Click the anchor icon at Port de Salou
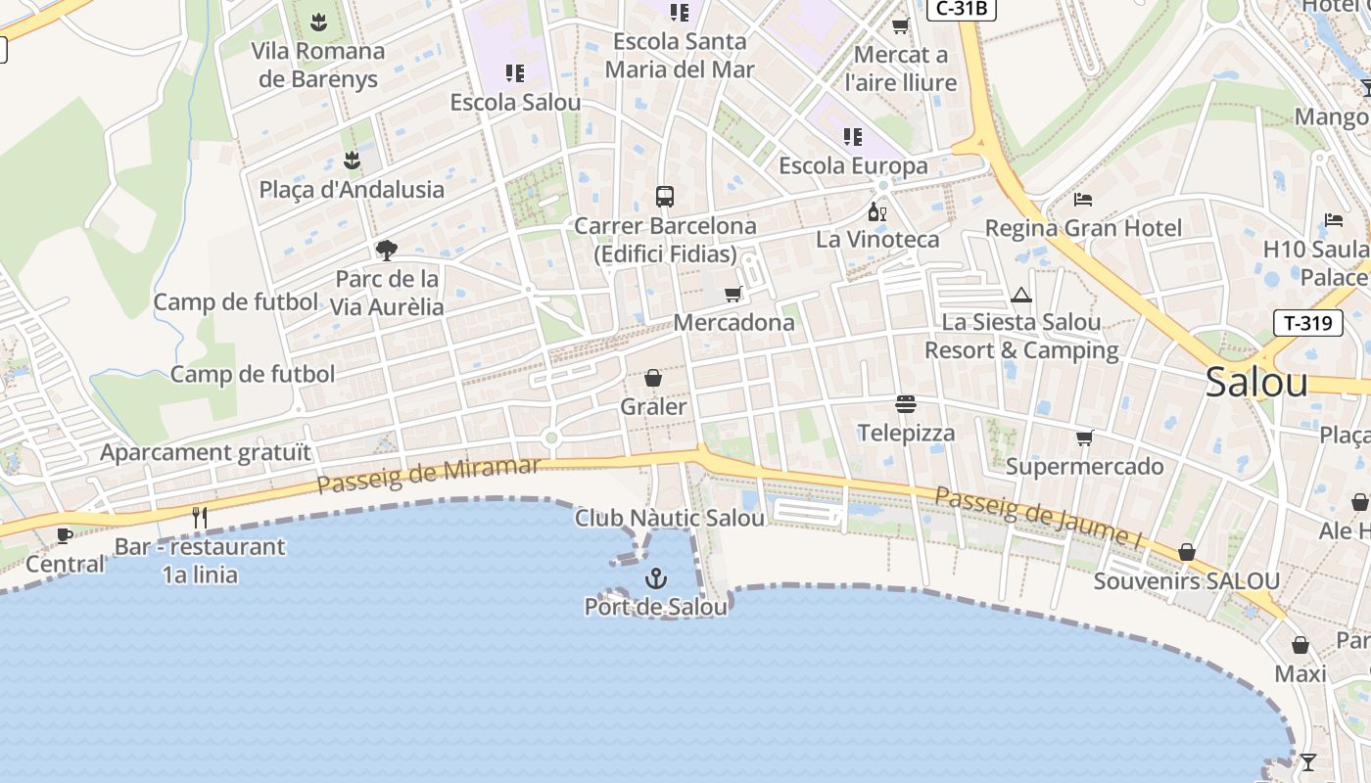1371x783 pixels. pos(656,579)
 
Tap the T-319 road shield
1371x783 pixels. pos(1307,322)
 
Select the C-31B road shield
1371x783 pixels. pos(962,9)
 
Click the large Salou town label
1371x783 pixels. pos(1256,382)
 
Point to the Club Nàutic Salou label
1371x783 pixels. pos(669,518)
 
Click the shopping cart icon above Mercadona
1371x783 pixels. pos(733,294)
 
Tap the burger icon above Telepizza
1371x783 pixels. pos(906,404)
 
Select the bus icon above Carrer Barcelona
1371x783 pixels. pos(665,197)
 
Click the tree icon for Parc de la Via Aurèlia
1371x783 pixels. pos(387,251)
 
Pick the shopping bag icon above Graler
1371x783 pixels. pos(653,378)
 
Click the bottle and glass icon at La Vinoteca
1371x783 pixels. pos(876,211)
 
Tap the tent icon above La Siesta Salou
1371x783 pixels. pos(1021,295)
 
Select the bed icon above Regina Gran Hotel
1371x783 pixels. pos(1083,200)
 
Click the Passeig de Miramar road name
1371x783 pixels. pos(429,475)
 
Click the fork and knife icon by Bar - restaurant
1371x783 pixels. pos(200,517)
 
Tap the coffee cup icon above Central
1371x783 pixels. pos(65,535)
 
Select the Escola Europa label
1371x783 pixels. pos(853,165)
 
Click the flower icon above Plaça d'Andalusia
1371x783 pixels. pos(352,161)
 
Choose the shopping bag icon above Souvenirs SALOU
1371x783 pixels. pos(1187,553)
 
